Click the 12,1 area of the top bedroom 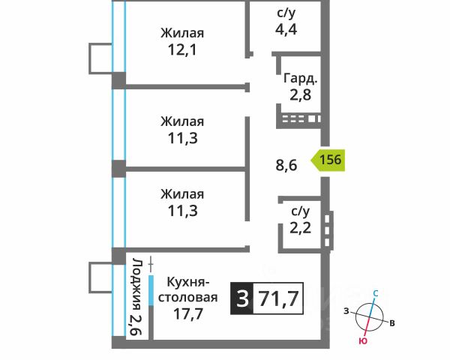[182, 50]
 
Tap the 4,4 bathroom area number [286, 29]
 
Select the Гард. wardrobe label [301, 78]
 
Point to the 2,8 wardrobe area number [300, 94]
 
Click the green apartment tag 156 [328, 160]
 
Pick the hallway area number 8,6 [286, 165]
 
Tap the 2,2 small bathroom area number [300, 228]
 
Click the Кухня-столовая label [188, 289]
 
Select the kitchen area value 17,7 [188, 313]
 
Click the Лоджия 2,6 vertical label [136, 297]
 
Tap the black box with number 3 [242, 298]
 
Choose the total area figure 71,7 [279, 298]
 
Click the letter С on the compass [376, 293]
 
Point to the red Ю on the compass [363, 341]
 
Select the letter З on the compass [346, 311]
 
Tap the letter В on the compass [392, 323]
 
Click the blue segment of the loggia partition [151, 290]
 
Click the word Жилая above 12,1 [182, 33]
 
